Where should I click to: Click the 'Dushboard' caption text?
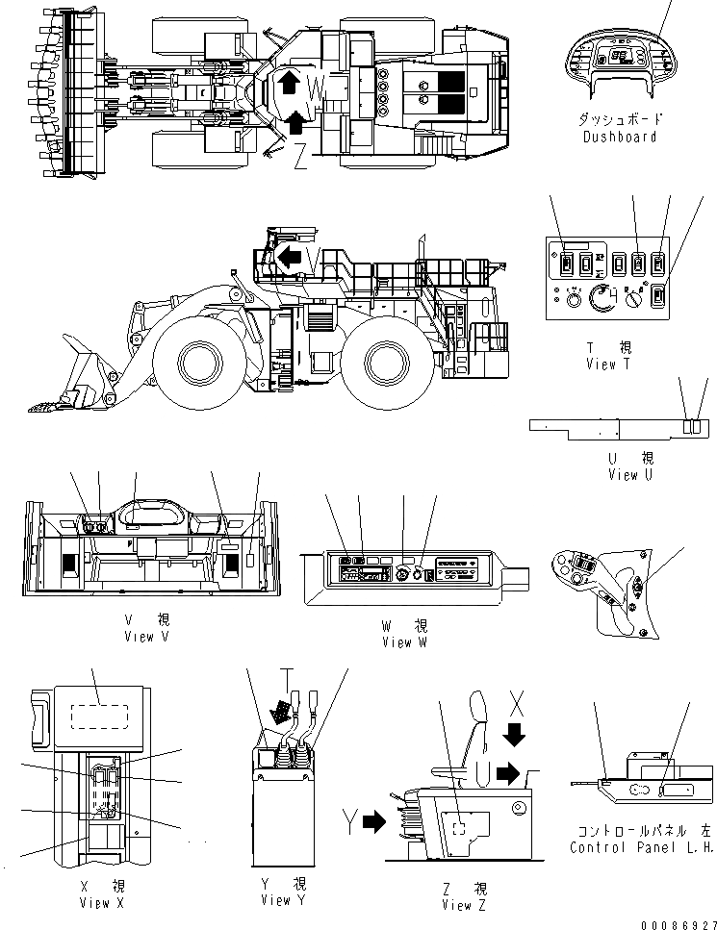(x=620, y=138)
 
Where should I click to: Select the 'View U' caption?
(x=623, y=475)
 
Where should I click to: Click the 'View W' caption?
(x=403, y=642)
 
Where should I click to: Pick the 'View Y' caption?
(x=275, y=900)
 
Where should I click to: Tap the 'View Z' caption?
(x=456, y=905)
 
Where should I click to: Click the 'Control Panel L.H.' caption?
(x=640, y=847)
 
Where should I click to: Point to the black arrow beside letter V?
(x=289, y=256)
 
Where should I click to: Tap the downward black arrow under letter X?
(x=515, y=734)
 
